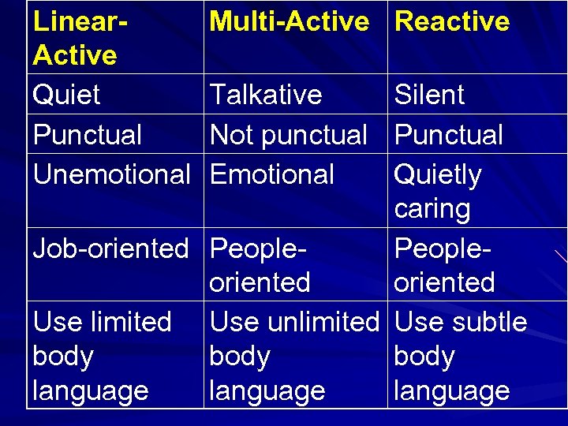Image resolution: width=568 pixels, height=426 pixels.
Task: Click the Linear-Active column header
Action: point(75,38)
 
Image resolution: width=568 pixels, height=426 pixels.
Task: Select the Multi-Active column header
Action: point(289,21)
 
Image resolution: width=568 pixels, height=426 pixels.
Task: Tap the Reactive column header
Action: point(452,21)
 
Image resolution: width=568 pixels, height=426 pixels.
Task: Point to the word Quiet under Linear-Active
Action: point(66,95)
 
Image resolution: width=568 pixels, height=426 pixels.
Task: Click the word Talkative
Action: point(266,95)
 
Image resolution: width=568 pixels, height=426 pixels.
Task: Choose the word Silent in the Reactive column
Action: point(429,95)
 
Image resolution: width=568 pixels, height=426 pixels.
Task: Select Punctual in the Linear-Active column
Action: point(87,135)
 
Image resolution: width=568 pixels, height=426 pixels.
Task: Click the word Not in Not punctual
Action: point(231,135)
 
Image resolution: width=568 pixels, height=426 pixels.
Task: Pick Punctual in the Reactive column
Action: point(448,135)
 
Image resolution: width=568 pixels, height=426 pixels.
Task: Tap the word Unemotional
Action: point(111,174)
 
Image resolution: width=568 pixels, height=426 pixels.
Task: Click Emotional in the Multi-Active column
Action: point(272,174)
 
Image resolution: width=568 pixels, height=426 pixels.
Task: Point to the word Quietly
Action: point(438,175)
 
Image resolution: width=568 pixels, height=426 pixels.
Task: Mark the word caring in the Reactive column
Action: point(432,209)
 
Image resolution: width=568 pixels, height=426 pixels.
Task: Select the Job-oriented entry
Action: point(110,248)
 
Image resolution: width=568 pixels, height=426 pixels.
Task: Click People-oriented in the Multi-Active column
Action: point(260,265)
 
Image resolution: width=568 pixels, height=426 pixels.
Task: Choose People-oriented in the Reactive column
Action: point(444,265)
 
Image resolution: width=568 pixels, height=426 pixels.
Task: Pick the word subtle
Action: point(489,322)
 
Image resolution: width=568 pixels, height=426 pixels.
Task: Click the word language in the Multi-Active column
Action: point(267,390)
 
